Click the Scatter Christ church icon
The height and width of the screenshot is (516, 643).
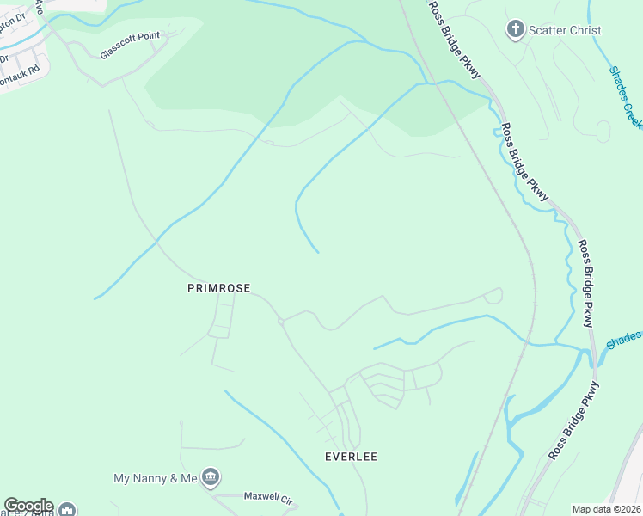click(515, 30)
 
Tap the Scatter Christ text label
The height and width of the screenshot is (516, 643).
click(565, 30)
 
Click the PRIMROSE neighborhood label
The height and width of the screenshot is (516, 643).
click(219, 289)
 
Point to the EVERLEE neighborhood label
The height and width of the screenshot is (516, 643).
click(351, 457)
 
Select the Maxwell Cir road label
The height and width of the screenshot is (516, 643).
click(269, 498)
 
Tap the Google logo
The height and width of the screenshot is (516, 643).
click(28, 506)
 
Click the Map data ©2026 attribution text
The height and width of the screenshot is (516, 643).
click(605, 509)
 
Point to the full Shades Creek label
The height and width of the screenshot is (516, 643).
click(625, 97)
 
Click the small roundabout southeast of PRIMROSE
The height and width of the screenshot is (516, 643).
click(281, 322)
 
